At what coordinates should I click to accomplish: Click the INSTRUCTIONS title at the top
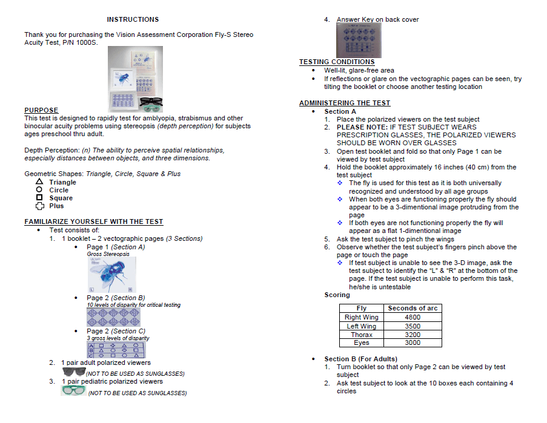tap(133, 19)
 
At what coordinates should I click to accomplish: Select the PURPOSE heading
tap(41, 110)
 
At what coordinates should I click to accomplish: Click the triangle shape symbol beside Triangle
tap(39, 182)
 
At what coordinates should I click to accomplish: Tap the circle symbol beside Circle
tap(39, 189)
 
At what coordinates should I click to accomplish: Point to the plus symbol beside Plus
tap(39, 205)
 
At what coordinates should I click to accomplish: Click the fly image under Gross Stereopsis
tap(111, 275)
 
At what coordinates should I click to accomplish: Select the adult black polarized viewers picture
tap(74, 371)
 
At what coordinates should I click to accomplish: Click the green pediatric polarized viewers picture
tap(74, 390)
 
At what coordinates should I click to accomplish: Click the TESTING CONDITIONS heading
tap(337, 62)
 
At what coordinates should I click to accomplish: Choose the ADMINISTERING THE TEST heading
tap(345, 103)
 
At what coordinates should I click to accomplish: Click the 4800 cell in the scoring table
tap(412, 317)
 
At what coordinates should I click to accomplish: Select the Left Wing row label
tap(361, 326)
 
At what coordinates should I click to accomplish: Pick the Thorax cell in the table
tap(361, 335)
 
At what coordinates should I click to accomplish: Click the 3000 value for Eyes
tap(412, 343)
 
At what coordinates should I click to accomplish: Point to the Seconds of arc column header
tap(412, 308)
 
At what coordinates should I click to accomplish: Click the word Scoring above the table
tap(337, 295)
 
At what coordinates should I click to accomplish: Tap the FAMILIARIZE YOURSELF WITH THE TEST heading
tap(94, 221)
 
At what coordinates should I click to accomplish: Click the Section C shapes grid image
tap(117, 350)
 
